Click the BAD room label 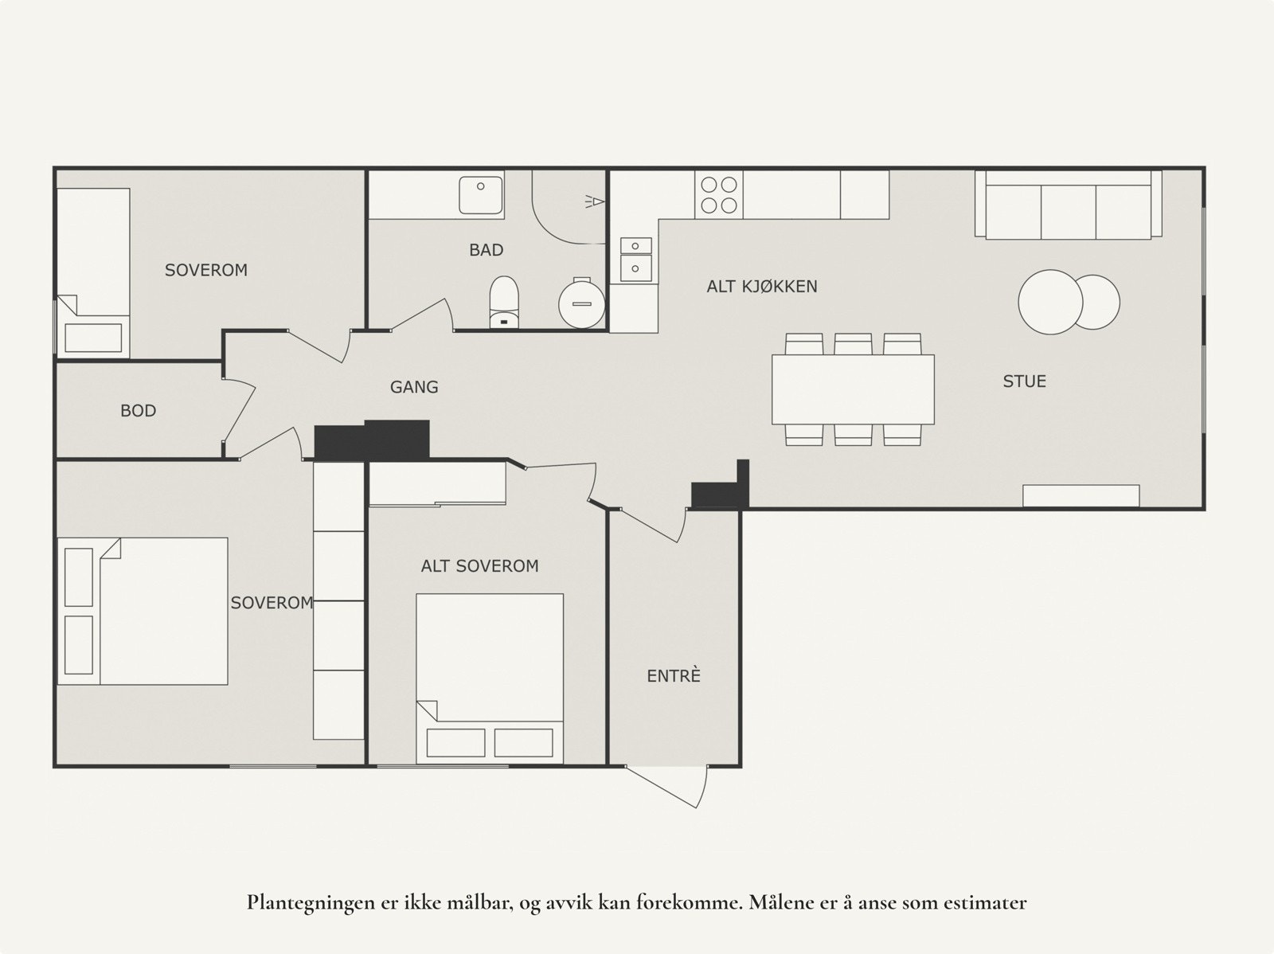click(486, 250)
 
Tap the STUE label click(1024, 381)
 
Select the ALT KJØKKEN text click(762, 287)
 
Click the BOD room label click(138, 411)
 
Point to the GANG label click(414, 387)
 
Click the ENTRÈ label click(674, 676)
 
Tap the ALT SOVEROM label click(479, 566)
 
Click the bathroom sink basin click(481, 194)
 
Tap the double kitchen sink click(635, 257)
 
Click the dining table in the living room click(853, 389)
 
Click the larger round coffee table click(1050, 302)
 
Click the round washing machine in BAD click(581, 303)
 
